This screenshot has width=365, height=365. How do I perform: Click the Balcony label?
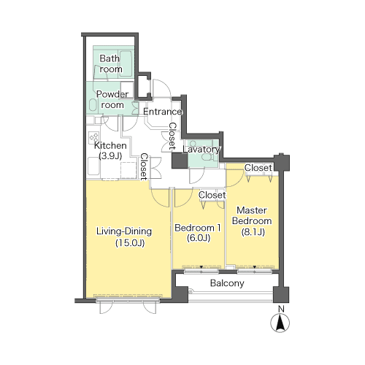click(x=227, y=283)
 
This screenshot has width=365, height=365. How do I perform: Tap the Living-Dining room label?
click(x=124, y=231)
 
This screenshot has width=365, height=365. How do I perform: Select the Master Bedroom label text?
click(x=252, y=215)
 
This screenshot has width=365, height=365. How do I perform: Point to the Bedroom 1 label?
click(x=198, y=228)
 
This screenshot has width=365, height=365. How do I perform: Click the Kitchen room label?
click(x=110, y=145)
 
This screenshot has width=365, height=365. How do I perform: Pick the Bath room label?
click(x=111, y=64)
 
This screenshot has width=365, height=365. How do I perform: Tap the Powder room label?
click(x=112, y=99)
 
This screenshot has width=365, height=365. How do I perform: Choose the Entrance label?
click(x=163, y=112)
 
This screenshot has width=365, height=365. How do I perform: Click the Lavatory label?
click(x=201, y=150)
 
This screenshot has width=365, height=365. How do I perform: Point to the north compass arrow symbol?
click(x=280, y=323)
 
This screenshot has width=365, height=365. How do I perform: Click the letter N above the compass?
click(x=281, y=309)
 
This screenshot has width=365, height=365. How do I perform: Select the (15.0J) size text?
click(x=130, y=243)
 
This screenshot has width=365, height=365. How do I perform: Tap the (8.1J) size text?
click(x=253, y=232)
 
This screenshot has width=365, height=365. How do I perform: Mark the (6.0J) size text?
click(x=199, y=238)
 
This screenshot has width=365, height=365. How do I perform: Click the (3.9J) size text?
click(x=110, y=155)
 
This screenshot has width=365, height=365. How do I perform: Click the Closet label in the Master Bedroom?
click(x=258, y=168)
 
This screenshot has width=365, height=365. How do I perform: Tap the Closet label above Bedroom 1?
click(x=212, y=195)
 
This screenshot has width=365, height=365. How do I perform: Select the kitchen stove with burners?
click(x=93, y=137)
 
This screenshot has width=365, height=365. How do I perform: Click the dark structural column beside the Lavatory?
click(x=180, y=161)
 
